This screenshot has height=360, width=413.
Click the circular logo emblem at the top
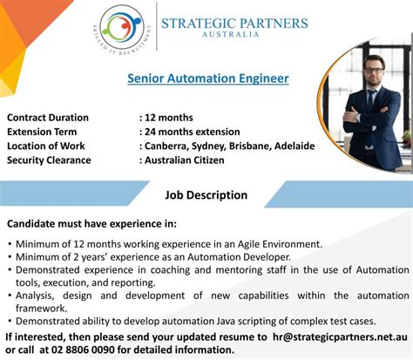[x=122, y=28]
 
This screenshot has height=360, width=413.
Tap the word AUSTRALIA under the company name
[x=230, y=35]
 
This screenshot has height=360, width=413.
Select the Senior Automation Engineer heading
[x=208, y=78]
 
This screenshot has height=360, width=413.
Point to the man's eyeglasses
[x=374, y=71]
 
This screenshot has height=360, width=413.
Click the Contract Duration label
[x=48, y=118]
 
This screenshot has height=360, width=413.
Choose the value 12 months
[x=169, y=118]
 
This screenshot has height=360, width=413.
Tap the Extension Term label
[x=42, y=132]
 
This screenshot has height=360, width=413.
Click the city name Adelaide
[x=295, y=146]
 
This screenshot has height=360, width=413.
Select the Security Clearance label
[x=49, y=160]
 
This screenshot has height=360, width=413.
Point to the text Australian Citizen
[x=185, y=160]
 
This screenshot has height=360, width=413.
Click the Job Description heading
[x=206, y=195]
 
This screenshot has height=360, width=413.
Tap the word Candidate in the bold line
[x=31, y=224]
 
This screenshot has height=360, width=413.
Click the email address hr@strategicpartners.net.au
[x=340, y=337]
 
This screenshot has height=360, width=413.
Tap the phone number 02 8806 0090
[x=83, y=350]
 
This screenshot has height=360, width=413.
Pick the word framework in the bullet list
[x=41, y=309]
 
